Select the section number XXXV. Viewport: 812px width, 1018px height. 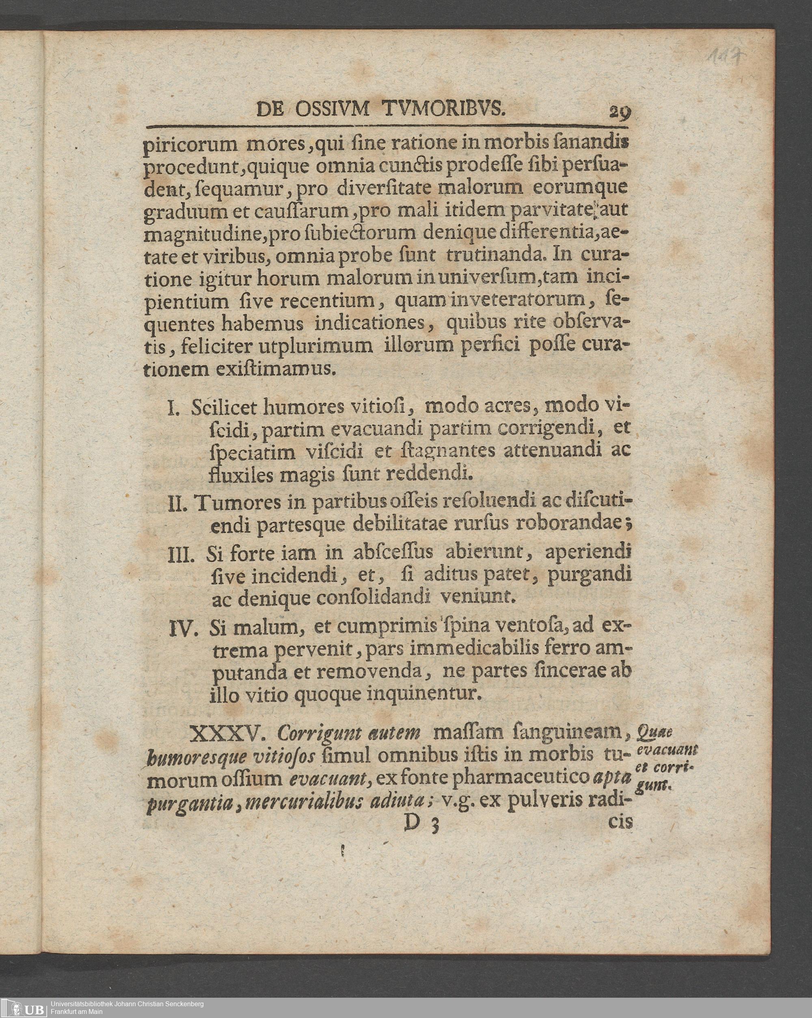tap(225, 734)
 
